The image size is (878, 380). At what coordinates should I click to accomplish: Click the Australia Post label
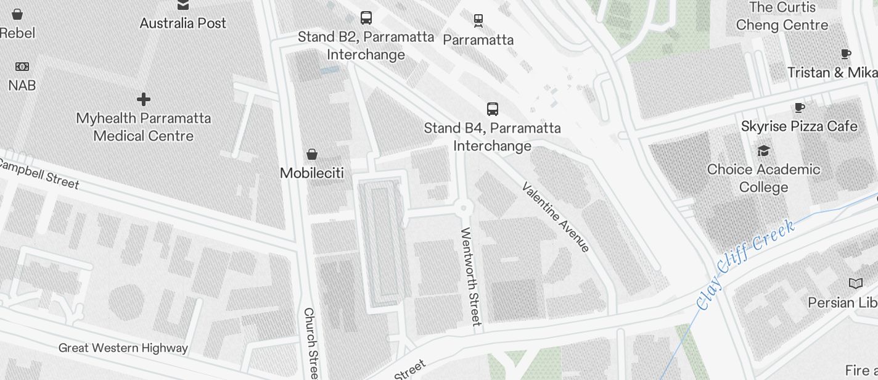click(x=183, y=23)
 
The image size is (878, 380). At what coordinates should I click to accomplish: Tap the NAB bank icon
click(x=22, y=67)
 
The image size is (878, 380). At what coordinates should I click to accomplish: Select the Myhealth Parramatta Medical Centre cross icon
click(x=144, y=99)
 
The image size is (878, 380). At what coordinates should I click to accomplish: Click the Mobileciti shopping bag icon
click(x=312, y=154)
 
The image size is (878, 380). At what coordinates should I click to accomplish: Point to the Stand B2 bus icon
click(x=366, y=17)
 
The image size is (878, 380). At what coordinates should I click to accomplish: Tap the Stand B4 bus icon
click(x=493, y=109)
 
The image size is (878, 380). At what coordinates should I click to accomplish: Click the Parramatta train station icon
click(x=478, y=21)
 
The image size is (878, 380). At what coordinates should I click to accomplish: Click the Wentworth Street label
click(x=470, y=276)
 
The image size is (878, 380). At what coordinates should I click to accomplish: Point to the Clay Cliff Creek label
click(x=745, y=265)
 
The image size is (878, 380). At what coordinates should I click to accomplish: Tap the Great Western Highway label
click(x=123, y=348)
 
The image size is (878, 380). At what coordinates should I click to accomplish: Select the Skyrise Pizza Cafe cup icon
click(x=800, y=108)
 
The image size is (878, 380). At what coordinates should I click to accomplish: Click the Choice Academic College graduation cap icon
click(x=763, y=151)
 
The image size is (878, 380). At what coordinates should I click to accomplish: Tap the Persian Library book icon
click(x=856, y=284)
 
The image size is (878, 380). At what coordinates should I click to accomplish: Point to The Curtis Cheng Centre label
click(x=782, y=17)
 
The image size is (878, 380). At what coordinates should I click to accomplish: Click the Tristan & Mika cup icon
click(x=846, y=54)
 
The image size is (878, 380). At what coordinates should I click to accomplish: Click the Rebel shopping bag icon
click(x=17, y=14)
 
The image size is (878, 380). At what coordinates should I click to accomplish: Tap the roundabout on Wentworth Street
click(x=463, y=208)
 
